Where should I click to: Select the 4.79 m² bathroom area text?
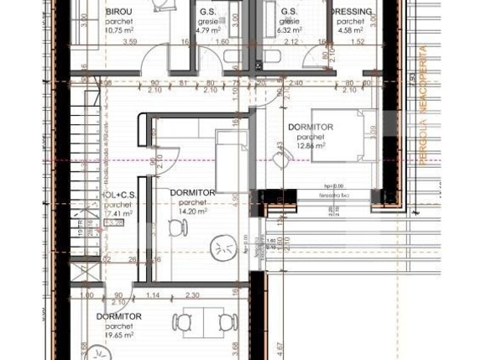click(208, 30)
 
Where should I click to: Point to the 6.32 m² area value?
click(290, 30)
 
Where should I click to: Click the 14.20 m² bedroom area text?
click(192, 211)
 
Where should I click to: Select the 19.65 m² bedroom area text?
click(118, 333)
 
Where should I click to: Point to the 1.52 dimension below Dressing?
click(357, 41)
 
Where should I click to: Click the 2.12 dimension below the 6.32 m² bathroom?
click(290, 41)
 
